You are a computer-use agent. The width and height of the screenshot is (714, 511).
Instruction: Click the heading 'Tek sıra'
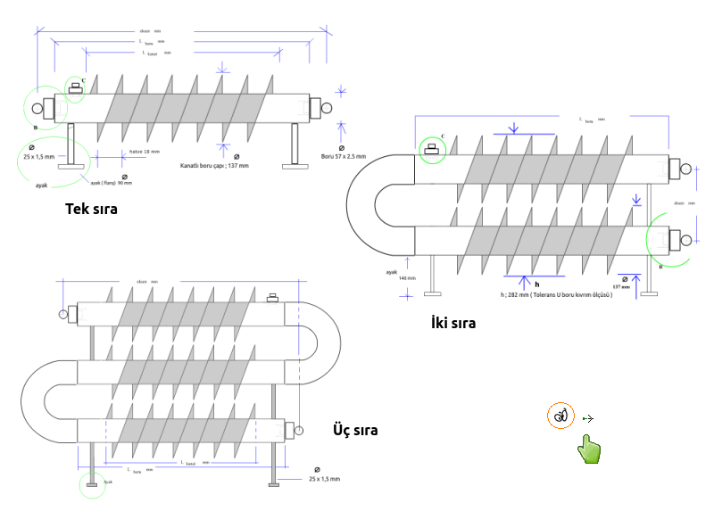coord(92,210)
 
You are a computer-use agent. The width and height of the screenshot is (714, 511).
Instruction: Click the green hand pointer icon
coord(587,449)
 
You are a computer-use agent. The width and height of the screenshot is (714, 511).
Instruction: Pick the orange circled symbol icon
coord(560,415)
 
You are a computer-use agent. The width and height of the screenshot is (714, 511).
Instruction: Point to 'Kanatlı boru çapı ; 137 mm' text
coord(214,166)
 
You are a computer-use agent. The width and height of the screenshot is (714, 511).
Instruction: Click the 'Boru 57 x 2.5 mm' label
coord(344,158)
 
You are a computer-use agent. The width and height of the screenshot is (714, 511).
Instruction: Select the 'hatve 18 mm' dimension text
coord(145,152)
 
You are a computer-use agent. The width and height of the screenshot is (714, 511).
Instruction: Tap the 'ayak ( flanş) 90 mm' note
coord(111,183)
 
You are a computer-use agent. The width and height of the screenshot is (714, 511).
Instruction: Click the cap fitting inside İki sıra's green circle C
coord(434,150)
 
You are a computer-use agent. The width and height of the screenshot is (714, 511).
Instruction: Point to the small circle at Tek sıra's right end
coord(327,109)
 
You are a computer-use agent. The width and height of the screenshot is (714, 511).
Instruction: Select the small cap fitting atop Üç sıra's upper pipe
coord(273,297)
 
